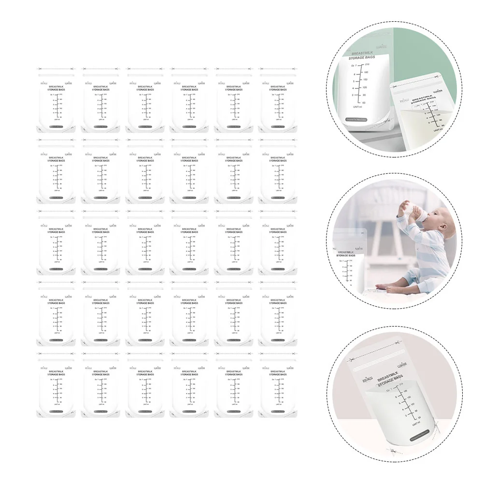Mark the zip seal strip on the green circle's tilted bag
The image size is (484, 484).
[x=420, y=80]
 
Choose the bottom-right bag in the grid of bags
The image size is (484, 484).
[x=278, y=384]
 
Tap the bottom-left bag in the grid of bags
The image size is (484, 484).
[x=55, y=384]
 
